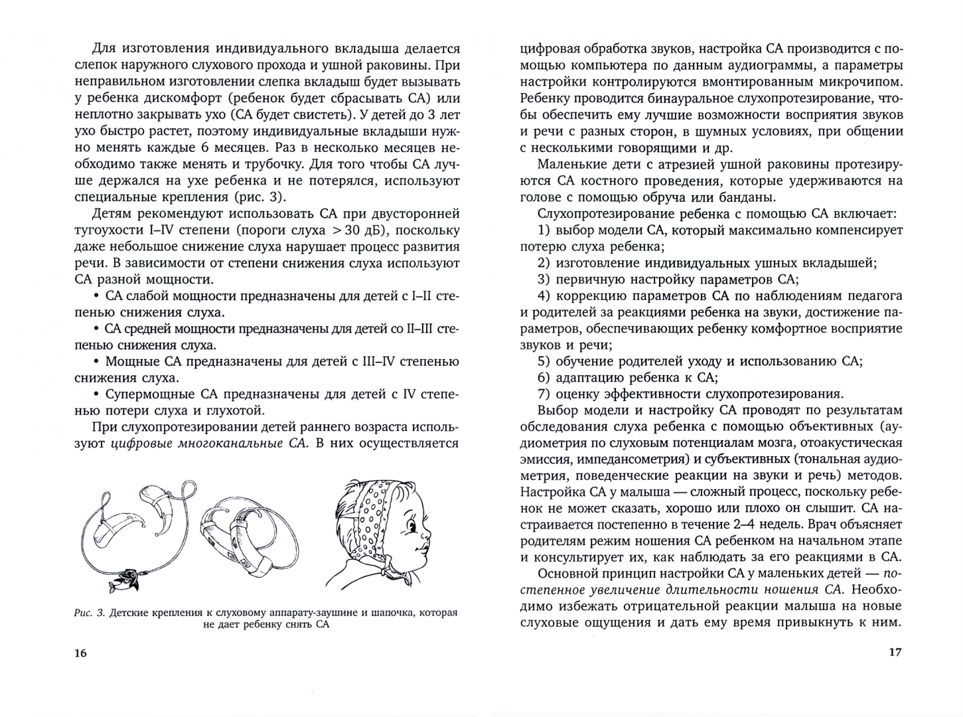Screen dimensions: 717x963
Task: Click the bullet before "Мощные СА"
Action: pos(97,362)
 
